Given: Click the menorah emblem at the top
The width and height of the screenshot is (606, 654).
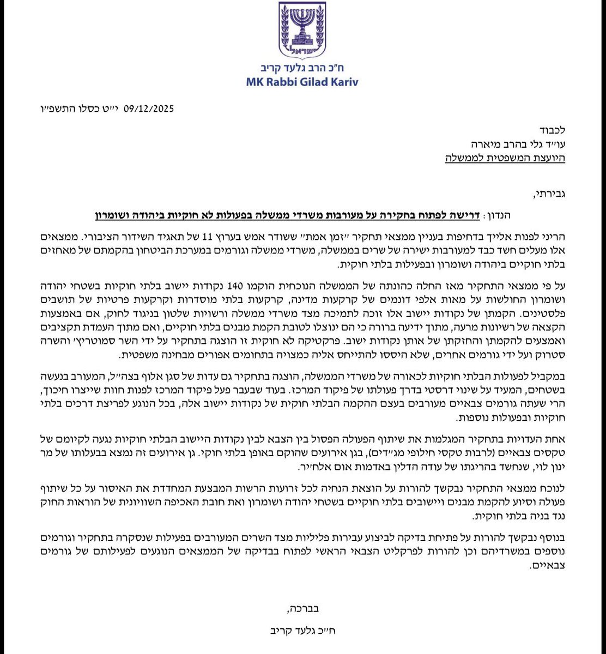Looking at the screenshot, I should pyautogui.click(x=304, y=30).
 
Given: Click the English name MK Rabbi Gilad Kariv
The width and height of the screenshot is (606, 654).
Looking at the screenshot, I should pyautogui.click(x=304, y=82).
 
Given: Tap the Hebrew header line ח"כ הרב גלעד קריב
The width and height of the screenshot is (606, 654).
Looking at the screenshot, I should pyautogui.click(x=304, y=69).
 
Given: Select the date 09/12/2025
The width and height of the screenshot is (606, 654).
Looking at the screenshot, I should pyautogui.click(x=147, y=108).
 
